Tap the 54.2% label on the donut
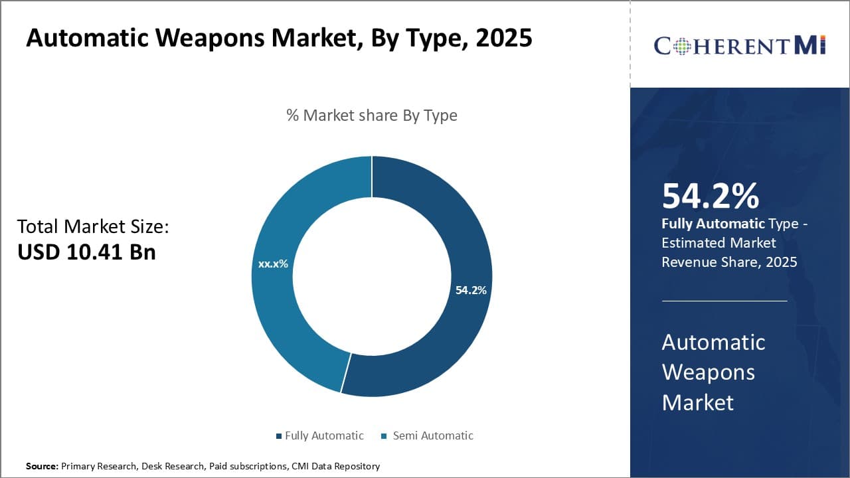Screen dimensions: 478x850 (471, 290)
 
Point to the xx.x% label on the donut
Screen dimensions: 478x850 (273, 264)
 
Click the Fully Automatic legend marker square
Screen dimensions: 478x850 (279, 436)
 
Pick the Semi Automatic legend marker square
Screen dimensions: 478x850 (384, 436)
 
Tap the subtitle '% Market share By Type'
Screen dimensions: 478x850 (372, 115)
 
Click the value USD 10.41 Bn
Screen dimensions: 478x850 (86, 252)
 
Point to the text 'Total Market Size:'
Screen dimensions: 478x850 (93, 226)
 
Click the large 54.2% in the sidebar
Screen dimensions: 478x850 (710, 196)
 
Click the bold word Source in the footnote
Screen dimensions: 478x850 (42, 467)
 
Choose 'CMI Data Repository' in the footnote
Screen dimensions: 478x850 (335, 467)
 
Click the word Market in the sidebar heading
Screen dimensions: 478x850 (697, 402)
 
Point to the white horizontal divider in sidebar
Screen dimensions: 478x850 (724, 301)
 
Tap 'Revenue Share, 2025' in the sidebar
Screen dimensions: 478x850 (729, 262)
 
